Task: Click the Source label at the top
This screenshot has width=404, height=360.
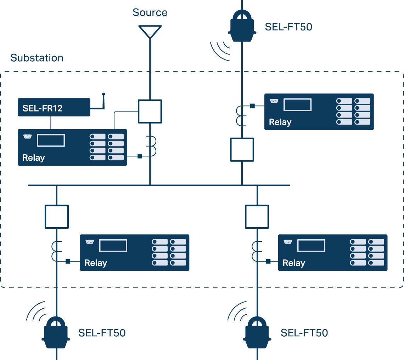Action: [x=150, y=13]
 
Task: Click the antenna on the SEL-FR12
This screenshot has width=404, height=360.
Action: [x=103, y=101]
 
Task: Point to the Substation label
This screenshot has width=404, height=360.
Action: [x=37, y=58]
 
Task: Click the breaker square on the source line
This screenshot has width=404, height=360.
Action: [x=150, y=112]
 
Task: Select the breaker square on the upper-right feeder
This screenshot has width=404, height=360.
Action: [x=242, y=150]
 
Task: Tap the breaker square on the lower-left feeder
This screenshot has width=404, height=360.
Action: [x=57, y=216]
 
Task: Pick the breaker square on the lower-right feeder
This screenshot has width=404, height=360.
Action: [x=257, y=216]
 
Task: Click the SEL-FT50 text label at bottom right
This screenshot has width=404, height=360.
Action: [x=304, y=333]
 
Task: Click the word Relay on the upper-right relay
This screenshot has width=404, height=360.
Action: [x=280, y=122]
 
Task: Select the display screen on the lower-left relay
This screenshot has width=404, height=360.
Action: [x=113, y=246]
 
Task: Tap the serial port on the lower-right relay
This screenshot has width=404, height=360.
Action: [x=287, y=242]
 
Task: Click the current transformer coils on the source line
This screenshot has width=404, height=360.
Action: [x=152, y=146]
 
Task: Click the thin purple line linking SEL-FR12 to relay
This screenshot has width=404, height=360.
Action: [x=51, y=122]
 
